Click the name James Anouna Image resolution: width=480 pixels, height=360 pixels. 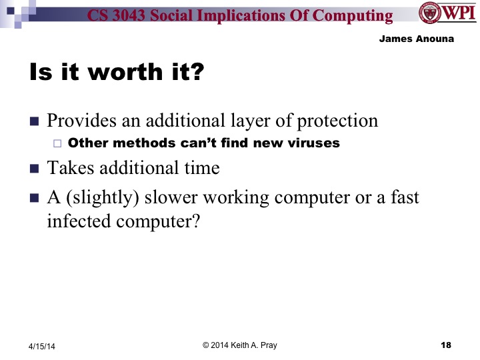point(417,39)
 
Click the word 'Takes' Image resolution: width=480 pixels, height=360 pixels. point(66,167)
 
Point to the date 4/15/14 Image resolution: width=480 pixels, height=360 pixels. point(41,346)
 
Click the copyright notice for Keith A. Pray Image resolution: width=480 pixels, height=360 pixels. point(240,344)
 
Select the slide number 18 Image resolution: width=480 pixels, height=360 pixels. point(447,345)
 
